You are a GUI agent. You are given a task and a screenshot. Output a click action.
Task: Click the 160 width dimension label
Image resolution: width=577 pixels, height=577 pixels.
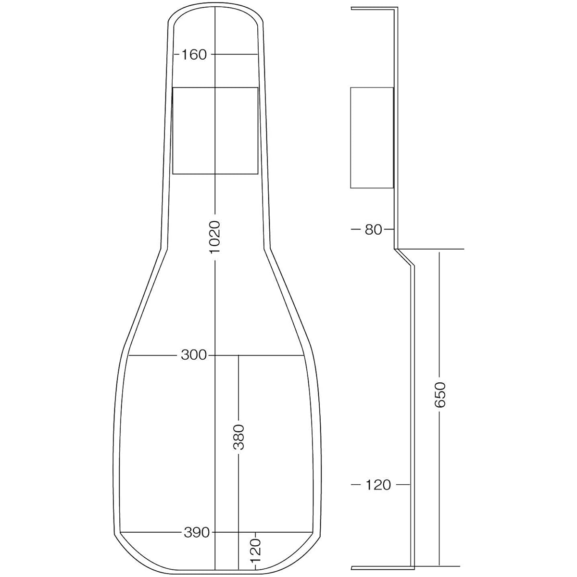coord(194,55)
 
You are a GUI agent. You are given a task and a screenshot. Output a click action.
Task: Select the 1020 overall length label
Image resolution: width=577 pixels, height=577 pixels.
coord(215,237)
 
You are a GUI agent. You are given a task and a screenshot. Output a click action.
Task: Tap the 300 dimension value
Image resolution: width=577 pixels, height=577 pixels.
coord(194,355)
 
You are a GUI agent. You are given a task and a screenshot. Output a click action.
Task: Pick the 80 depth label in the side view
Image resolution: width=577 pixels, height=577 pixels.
coord(374,230)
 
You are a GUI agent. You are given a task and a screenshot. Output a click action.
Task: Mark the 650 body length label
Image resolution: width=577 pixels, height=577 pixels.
coord(440,395)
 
